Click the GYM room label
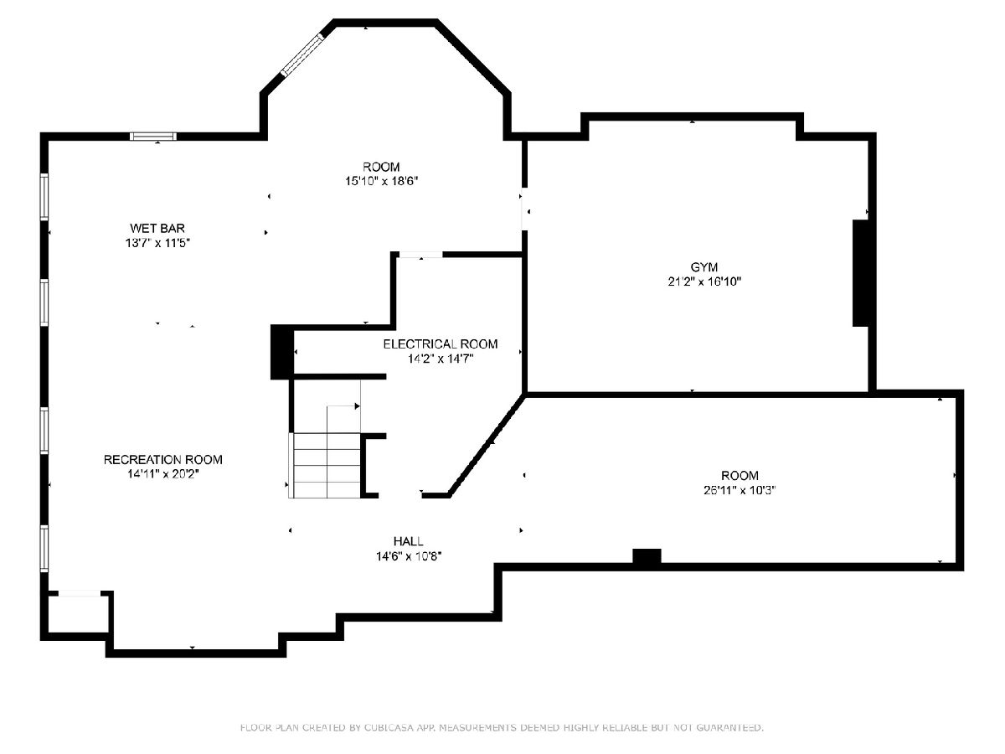[x=703, y=267]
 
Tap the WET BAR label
[x=157, y=228]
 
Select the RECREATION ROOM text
[x=163, y=460]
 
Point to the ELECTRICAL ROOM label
[x=440, y=343]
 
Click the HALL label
[x=409, y=541]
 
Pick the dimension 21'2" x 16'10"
[x=704, y=281]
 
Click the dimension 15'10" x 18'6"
[x=381, y=181]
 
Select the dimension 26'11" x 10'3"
[x=740, y=490]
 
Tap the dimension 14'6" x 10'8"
[x=409, y=556]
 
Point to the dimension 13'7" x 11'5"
[x=157, y=243]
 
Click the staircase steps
[x=327, y=465]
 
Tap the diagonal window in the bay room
[x=302, y=54]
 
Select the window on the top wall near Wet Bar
[x=153, y=136]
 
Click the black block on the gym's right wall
[x=861, y=273]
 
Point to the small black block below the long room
[x=647, y=556]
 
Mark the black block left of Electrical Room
[x=282, y=352]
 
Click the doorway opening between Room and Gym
[x=525, y=209]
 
